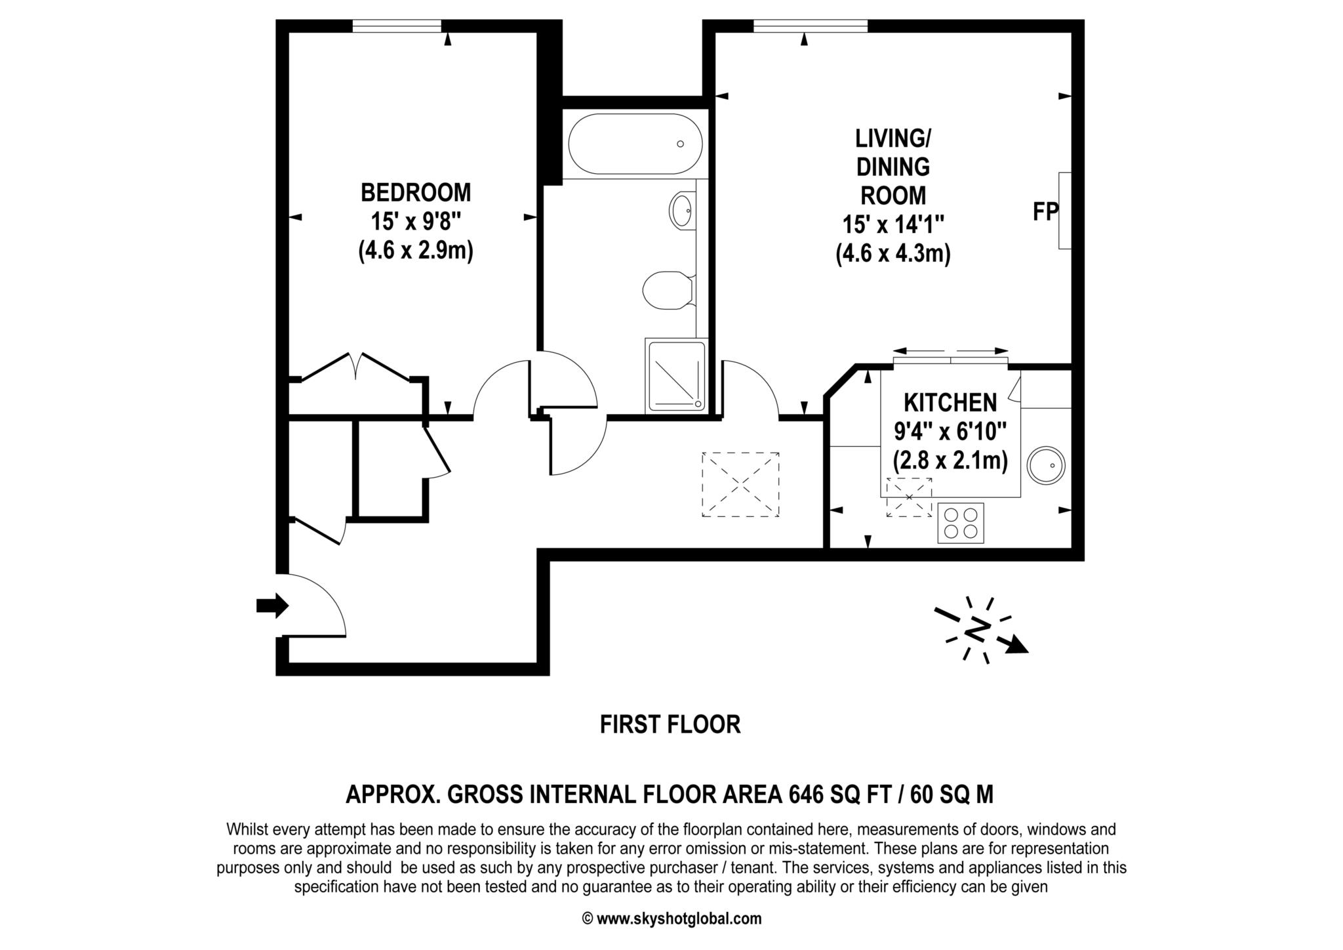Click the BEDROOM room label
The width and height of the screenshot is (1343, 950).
click(416, 193)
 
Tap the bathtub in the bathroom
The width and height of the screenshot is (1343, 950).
click(635, 144)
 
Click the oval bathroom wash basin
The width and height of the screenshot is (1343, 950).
click(682, 210)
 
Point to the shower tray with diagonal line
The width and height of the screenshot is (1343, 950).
click(677, 375)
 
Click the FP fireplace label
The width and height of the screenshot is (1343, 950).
click(1045, 212)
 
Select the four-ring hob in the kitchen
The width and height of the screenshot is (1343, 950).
click(961, 523)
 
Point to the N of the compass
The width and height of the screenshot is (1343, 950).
click(977, 630)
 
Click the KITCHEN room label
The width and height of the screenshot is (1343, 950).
click(950, 402)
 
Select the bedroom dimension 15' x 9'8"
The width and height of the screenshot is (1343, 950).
click(416, 222)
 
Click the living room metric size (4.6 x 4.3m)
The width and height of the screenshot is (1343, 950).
click(893, 254)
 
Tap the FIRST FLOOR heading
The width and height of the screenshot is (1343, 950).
click(670, 725)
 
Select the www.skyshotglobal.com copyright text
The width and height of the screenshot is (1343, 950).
click(671, 919)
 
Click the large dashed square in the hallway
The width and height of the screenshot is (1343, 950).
click(740, 484)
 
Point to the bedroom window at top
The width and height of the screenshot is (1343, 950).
click(397, 26)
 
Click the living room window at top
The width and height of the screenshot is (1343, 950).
click(811, 26)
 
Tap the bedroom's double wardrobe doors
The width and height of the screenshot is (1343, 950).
click(357, 367)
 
